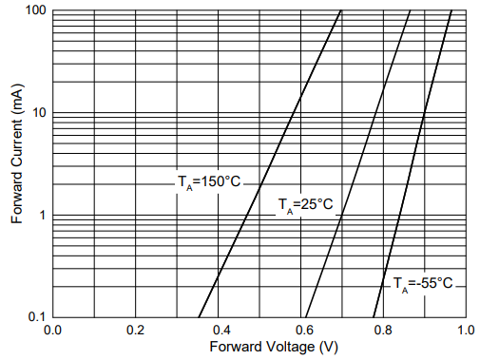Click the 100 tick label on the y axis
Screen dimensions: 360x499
(36, 11)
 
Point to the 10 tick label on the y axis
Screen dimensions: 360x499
(39, 113)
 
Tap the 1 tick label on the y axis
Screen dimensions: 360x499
(43, 215)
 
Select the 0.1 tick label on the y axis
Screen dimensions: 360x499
(36, 316)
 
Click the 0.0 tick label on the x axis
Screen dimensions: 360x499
(53, 330)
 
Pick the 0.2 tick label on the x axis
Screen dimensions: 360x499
(136, 330)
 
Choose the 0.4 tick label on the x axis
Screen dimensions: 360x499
(219, 330)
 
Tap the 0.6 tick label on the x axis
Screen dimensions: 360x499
(301, 330)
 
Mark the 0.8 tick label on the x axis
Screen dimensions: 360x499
(384, 330)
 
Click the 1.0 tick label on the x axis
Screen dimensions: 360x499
(466, 330)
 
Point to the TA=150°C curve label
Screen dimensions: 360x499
(209, 181)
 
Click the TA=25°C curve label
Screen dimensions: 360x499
(304, 205)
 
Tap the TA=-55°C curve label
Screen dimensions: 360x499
(423, 283)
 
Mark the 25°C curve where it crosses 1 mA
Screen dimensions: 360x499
(341, 215)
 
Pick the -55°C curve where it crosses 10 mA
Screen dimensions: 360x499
(423, 113)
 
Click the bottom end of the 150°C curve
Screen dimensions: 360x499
(199, 316)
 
